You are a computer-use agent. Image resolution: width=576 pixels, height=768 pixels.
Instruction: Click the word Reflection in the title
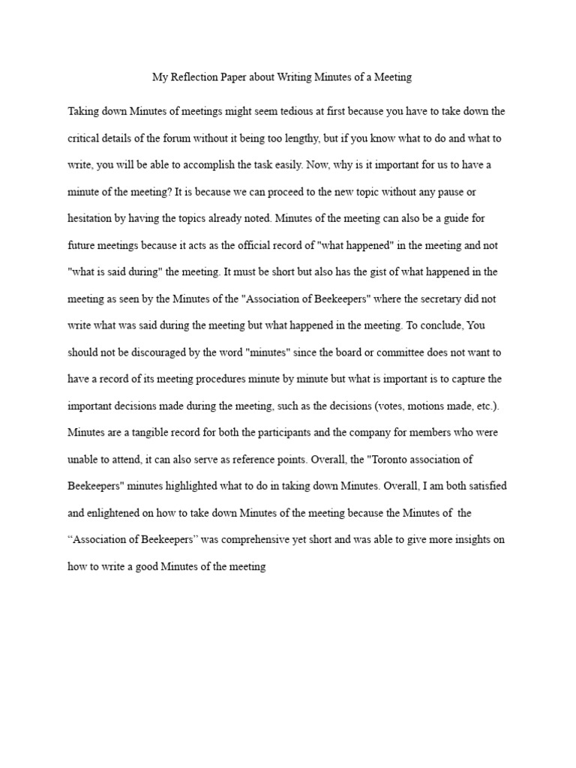click(x=196, y=76)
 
